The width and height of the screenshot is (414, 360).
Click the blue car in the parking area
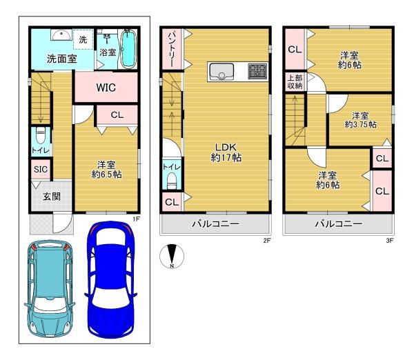click(110, 280)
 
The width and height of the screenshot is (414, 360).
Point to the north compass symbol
click(172, 256)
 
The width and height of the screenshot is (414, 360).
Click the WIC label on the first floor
click(106, 88)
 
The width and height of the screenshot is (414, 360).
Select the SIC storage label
click(41, 170)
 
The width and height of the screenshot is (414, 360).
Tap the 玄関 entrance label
click(52, 197)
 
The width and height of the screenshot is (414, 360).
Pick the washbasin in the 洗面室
click(61, 34)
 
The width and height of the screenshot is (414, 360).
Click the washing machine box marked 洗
click(83, 39)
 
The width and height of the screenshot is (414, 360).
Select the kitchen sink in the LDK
click(221, 71)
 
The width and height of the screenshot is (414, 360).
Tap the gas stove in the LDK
click(257, 71)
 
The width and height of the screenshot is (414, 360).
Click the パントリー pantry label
click(171, 48)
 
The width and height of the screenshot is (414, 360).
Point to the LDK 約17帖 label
click(226, 152)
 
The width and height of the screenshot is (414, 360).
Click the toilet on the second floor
click(172, 181)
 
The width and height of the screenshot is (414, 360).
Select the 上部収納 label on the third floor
click(295, 82)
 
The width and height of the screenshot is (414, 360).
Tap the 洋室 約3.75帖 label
click(360, 120)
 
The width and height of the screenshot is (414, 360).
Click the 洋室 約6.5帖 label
click(106, 170)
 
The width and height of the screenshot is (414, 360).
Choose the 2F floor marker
click(267, 241)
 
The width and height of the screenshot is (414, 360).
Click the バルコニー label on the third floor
click(339, 224)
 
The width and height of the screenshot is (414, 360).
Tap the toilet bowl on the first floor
click(41, 137)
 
